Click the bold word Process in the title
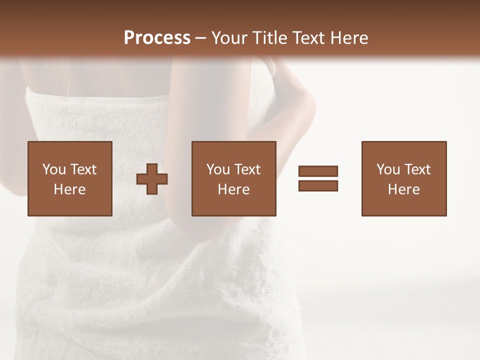(157, 38)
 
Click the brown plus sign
(152, 179)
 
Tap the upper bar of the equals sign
(318, 171)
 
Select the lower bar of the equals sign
(318, 185)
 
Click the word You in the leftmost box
(53, 169)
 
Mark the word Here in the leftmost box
(69, 189)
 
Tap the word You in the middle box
(217, 169)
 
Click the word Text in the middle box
(247, 169)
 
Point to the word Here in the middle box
(233, 189)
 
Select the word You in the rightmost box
(387, 169)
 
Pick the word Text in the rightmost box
(417, 169)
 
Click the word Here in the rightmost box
(403, 189)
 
